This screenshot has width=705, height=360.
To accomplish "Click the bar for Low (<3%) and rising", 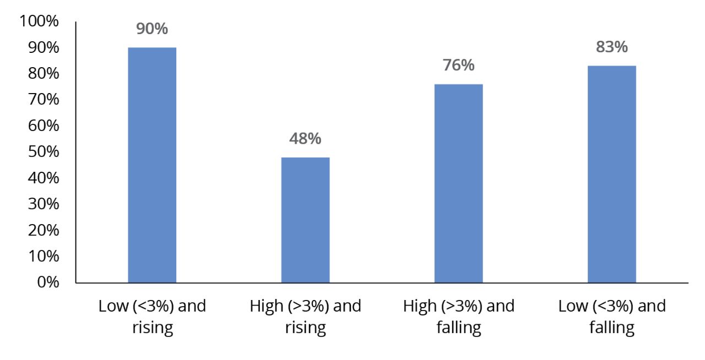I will [152, 165].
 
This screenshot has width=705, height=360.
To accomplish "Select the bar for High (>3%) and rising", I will [305, 220].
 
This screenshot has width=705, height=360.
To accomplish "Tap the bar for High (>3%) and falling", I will [458, 183].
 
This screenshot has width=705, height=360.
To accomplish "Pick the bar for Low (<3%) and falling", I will [611, 174].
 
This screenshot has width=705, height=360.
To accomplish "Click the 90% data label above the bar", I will [152, 29].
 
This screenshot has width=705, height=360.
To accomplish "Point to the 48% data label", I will [305, 139].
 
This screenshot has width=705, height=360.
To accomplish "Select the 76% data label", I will [458, 66].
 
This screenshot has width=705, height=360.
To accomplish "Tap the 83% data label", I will [611, 47].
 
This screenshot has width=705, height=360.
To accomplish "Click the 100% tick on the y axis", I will [39, 22].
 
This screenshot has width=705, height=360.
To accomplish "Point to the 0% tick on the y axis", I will [47, 282].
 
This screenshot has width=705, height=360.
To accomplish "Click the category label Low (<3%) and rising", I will [152, 317].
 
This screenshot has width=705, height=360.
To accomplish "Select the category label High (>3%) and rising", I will [305, 317].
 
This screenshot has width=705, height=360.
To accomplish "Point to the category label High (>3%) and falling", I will [458, 317].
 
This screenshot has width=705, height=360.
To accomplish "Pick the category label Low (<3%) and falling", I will [611, 317].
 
